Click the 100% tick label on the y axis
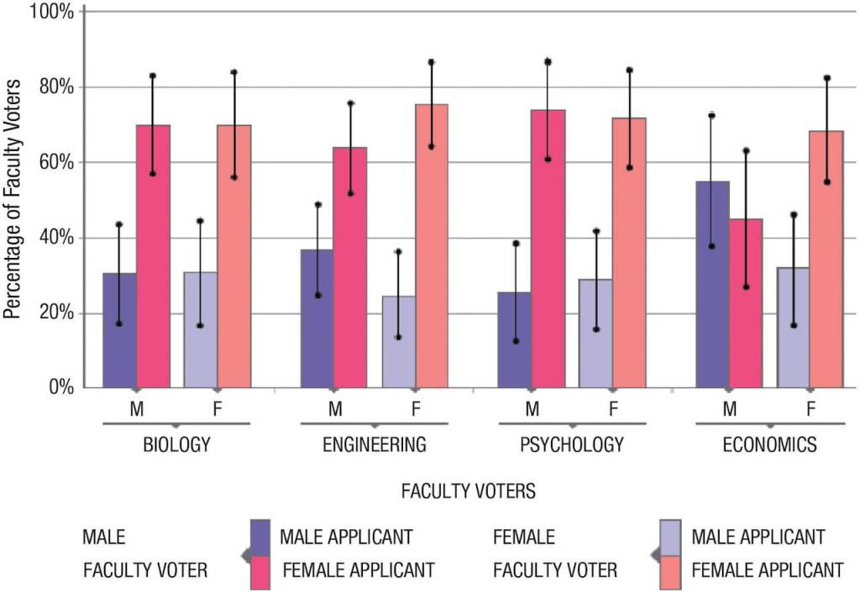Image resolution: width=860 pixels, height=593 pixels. [x=52, y=13]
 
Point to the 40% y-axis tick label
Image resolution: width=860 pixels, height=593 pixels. [x=56, y=238]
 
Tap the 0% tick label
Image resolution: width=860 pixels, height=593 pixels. [x=60, y=388]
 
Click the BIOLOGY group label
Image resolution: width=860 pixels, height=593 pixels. [x=177, y=445]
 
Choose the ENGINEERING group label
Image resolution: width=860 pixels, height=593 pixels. [x=375, y=445]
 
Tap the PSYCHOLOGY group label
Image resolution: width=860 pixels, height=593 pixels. [x=572, y=445]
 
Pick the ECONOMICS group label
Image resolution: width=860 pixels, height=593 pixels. [x=769, y=445]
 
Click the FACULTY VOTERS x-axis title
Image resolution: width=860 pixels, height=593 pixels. [x=469, y=491]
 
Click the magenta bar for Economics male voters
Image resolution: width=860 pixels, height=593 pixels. [x=745, y=303]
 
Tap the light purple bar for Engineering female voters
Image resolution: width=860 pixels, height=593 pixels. [x=399, y=341]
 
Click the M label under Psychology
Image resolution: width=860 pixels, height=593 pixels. [x=532, y=410]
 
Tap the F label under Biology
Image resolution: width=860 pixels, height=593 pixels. [x=218, y=410]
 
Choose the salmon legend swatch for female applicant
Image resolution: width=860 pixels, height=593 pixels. [x=670, y=569]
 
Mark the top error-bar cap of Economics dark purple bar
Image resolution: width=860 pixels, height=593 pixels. [x=712, y=114]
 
